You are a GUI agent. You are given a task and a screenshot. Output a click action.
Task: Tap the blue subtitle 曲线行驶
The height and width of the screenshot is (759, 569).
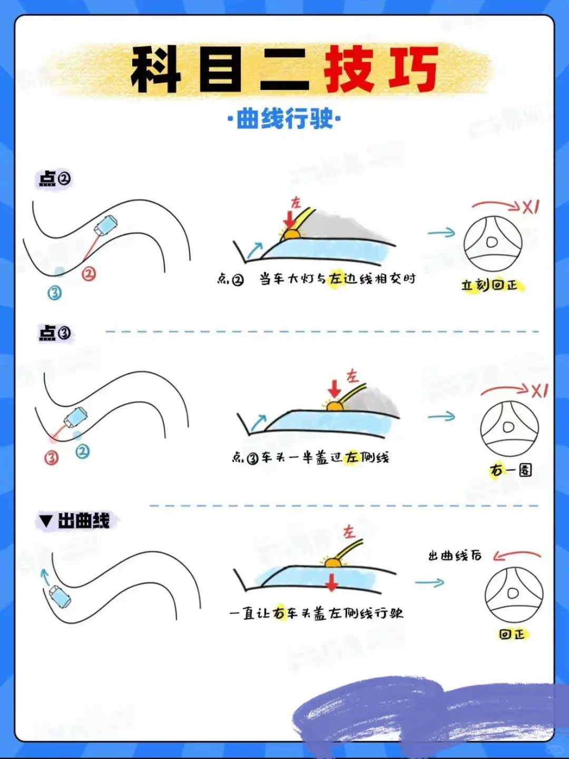click(x=284, y=119)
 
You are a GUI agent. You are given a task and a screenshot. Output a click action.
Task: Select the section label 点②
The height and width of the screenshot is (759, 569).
click(x=55, y=179)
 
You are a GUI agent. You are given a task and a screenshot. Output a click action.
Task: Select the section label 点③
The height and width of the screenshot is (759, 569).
click(x=55, y=333)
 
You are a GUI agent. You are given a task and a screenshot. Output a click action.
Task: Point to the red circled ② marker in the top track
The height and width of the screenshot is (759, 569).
click(x=89, y=274)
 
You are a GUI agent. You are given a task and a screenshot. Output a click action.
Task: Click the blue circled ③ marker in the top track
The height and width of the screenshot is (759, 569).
click(x=55, y=293)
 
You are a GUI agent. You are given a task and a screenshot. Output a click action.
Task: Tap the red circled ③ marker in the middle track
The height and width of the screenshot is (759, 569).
click(x=52, y=458)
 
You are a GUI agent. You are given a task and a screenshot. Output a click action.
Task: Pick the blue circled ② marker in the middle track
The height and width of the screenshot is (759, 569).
click(x=83, y=451)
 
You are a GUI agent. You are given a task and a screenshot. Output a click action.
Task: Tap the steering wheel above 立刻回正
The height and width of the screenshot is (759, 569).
click(x=493, y=244)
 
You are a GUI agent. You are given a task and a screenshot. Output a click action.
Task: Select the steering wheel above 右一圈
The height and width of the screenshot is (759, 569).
click(x=509, y=429)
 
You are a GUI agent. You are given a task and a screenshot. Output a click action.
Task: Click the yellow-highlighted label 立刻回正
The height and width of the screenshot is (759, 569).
click(x=490, y=285)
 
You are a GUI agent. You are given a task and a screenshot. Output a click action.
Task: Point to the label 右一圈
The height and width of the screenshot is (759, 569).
click(x=511, y=470)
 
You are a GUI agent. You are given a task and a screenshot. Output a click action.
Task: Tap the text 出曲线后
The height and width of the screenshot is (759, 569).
click(x=455, y=556)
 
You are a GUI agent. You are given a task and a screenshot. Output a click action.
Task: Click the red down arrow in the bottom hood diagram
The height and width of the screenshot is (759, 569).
click(x=332, y=582)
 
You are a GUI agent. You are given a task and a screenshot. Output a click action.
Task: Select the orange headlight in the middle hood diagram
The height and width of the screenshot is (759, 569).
click(x=334, y=406)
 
